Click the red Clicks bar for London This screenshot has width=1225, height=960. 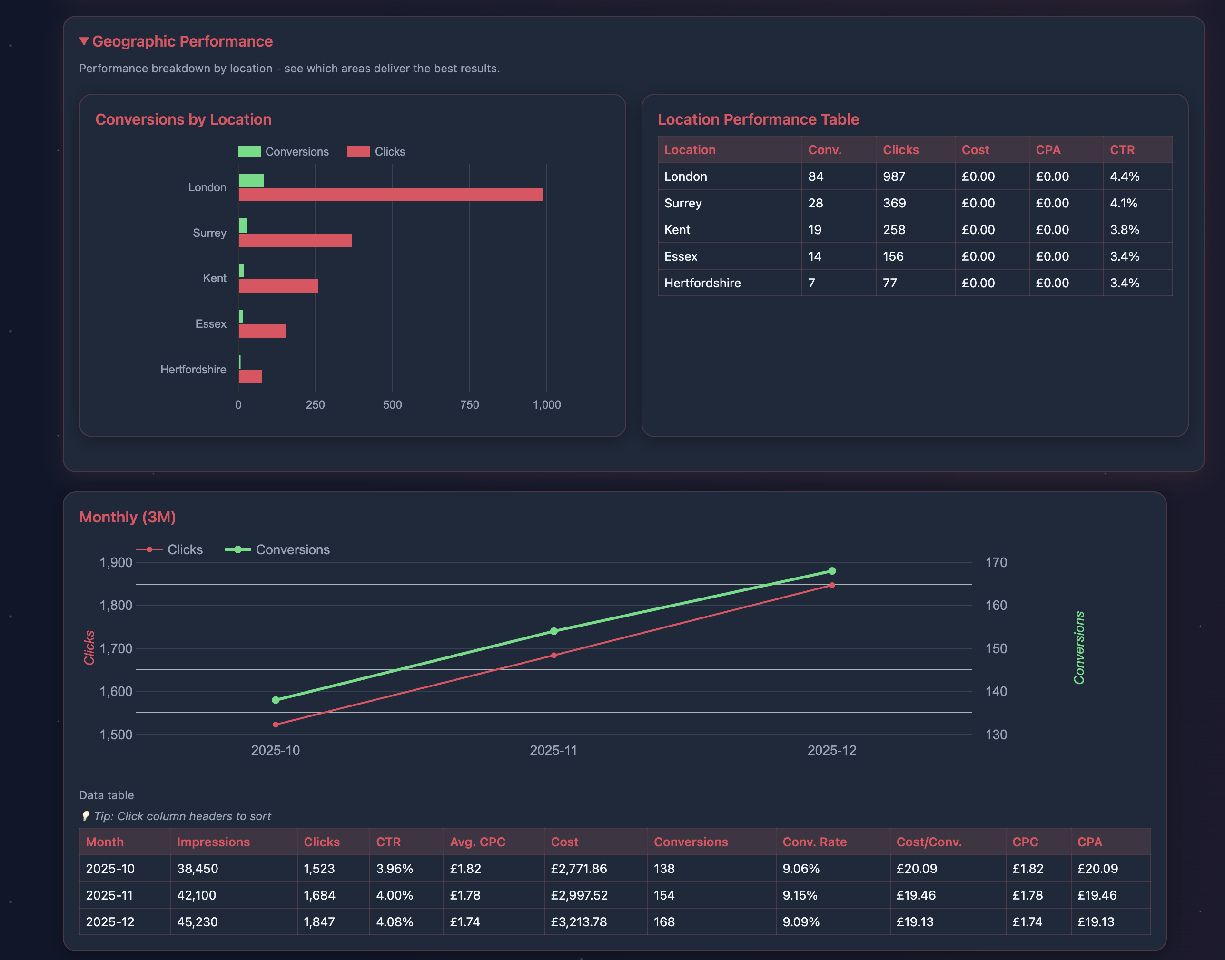click(390, 195)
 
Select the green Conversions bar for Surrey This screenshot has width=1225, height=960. click(242, 225)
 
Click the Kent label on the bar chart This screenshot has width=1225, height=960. click(214, 278)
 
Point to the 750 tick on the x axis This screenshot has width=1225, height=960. click(469, 405)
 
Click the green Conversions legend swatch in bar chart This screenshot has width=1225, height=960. click(249, 152)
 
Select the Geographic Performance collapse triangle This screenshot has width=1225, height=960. click(84, 41)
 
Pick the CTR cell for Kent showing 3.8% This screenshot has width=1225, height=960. click(1125, 230)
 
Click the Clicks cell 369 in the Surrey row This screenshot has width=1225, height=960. click(894, 203)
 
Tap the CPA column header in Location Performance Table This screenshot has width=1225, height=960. click(1048, 150)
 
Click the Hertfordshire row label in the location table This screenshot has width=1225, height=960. click(702, 283)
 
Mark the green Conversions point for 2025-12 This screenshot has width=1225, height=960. click(832, 571)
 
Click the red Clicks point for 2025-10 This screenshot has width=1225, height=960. click(276, 725)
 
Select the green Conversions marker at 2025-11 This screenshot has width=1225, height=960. click(554, 631)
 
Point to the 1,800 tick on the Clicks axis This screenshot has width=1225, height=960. click(116, 605)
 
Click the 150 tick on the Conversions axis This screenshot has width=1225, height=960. click(996, 648)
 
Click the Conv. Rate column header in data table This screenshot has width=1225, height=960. click(814, 842)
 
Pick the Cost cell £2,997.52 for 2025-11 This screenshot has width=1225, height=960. click(579, 895)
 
